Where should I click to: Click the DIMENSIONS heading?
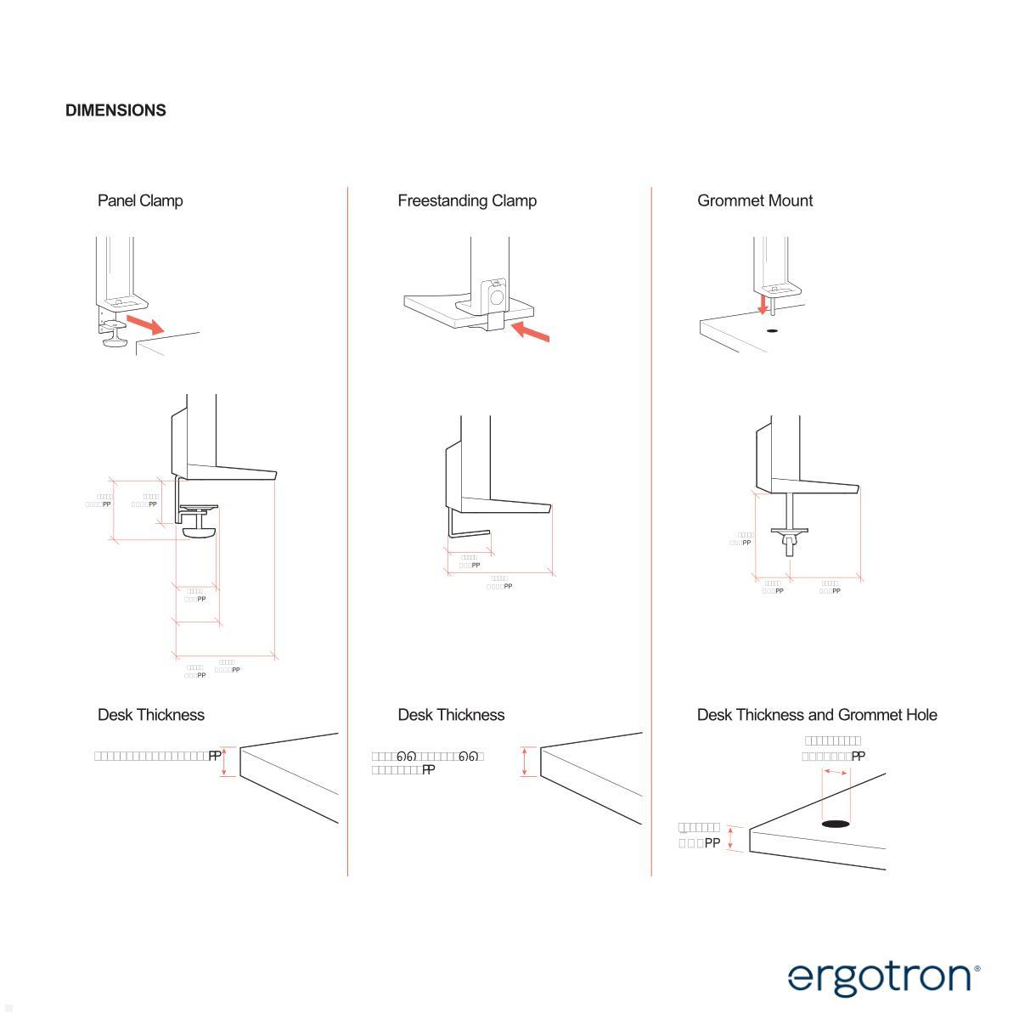coord(115,110)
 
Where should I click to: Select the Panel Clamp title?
coord(140,201)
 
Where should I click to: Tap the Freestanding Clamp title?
coord(467,201)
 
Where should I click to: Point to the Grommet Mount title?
coord(755,201)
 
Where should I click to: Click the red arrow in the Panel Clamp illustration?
coord(145,324)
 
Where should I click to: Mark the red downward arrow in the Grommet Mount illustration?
coord(763,304)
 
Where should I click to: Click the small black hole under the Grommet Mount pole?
coord(772,329)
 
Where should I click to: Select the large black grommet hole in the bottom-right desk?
coord(836,823)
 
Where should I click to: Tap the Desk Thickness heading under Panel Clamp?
coord(151,715)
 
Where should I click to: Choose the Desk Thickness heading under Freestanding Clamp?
coord(451,715)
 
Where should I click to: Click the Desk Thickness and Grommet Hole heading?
coord(817,715)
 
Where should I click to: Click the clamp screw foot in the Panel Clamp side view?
coord(200,532)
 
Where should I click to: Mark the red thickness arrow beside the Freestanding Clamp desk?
coord(525,761)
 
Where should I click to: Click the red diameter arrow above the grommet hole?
coord(836,772)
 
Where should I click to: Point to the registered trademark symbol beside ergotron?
coord(977,968)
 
